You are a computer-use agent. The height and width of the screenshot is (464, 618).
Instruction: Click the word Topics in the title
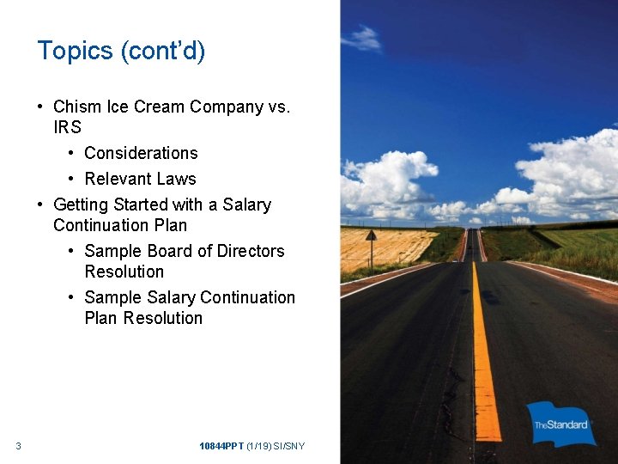point(76,52)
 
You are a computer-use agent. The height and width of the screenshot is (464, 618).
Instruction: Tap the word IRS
point(67,128)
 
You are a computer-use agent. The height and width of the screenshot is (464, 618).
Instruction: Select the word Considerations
point(141,154)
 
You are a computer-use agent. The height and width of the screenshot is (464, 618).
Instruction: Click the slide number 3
point(18,445)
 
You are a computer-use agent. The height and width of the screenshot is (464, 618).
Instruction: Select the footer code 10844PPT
point(221,446)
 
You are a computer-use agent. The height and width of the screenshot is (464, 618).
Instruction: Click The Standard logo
point(562,424)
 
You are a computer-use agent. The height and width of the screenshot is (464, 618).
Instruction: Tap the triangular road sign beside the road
point(370,235)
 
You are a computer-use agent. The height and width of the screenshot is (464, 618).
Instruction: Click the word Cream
point(160,107)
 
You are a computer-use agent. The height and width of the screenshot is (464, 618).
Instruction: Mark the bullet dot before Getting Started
point(40,205)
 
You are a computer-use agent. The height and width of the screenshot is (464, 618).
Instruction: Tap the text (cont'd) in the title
point(163,52)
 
